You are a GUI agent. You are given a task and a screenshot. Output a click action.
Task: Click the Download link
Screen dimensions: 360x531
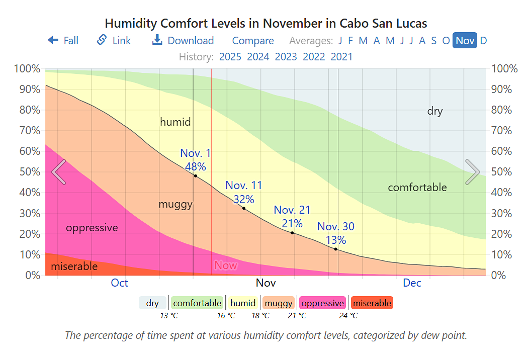(x=184, y=41)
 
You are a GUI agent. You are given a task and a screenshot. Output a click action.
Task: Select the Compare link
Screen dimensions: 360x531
(x=253, y=41)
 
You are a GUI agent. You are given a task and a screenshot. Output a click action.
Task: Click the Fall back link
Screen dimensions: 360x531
(x=63, y=41)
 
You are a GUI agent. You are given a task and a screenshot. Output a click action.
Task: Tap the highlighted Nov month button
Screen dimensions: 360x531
(x=465, y=41)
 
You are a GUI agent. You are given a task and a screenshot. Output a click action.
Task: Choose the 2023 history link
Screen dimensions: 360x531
(x=286, y=57)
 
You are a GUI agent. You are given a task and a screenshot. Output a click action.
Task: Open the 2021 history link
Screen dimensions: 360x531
(x=341, y=57)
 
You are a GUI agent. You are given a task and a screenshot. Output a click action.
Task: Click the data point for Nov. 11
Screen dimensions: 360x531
(x=244, y=208)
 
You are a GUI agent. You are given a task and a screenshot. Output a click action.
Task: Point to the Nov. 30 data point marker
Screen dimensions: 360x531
(x=336, y=249)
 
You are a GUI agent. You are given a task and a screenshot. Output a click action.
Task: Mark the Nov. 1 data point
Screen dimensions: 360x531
(x=195, y=175)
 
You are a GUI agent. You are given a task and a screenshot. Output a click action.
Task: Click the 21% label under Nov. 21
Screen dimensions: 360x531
(x=292, y=223)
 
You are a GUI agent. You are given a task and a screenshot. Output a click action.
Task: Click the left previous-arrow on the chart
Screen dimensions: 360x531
(x=59, y=172)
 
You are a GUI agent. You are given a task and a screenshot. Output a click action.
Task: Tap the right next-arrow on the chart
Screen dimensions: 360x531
(x=472, y=172)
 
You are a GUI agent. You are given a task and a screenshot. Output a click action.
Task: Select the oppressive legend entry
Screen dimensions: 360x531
(x=322, y=303)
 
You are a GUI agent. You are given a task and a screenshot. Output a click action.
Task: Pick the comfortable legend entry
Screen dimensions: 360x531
(x=197, y=303)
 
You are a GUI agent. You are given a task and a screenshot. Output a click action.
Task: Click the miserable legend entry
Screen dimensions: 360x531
(x=372, y=303)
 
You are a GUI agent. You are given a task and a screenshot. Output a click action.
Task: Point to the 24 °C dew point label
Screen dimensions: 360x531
(x=348, y=316)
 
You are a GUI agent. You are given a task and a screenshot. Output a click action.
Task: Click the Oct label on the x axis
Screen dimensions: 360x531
(x=119, y=283)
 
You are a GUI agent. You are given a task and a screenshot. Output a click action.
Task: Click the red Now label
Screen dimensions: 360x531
(x=225, y=265)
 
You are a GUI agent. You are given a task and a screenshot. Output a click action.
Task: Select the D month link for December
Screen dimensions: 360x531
(x=483, y=41)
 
